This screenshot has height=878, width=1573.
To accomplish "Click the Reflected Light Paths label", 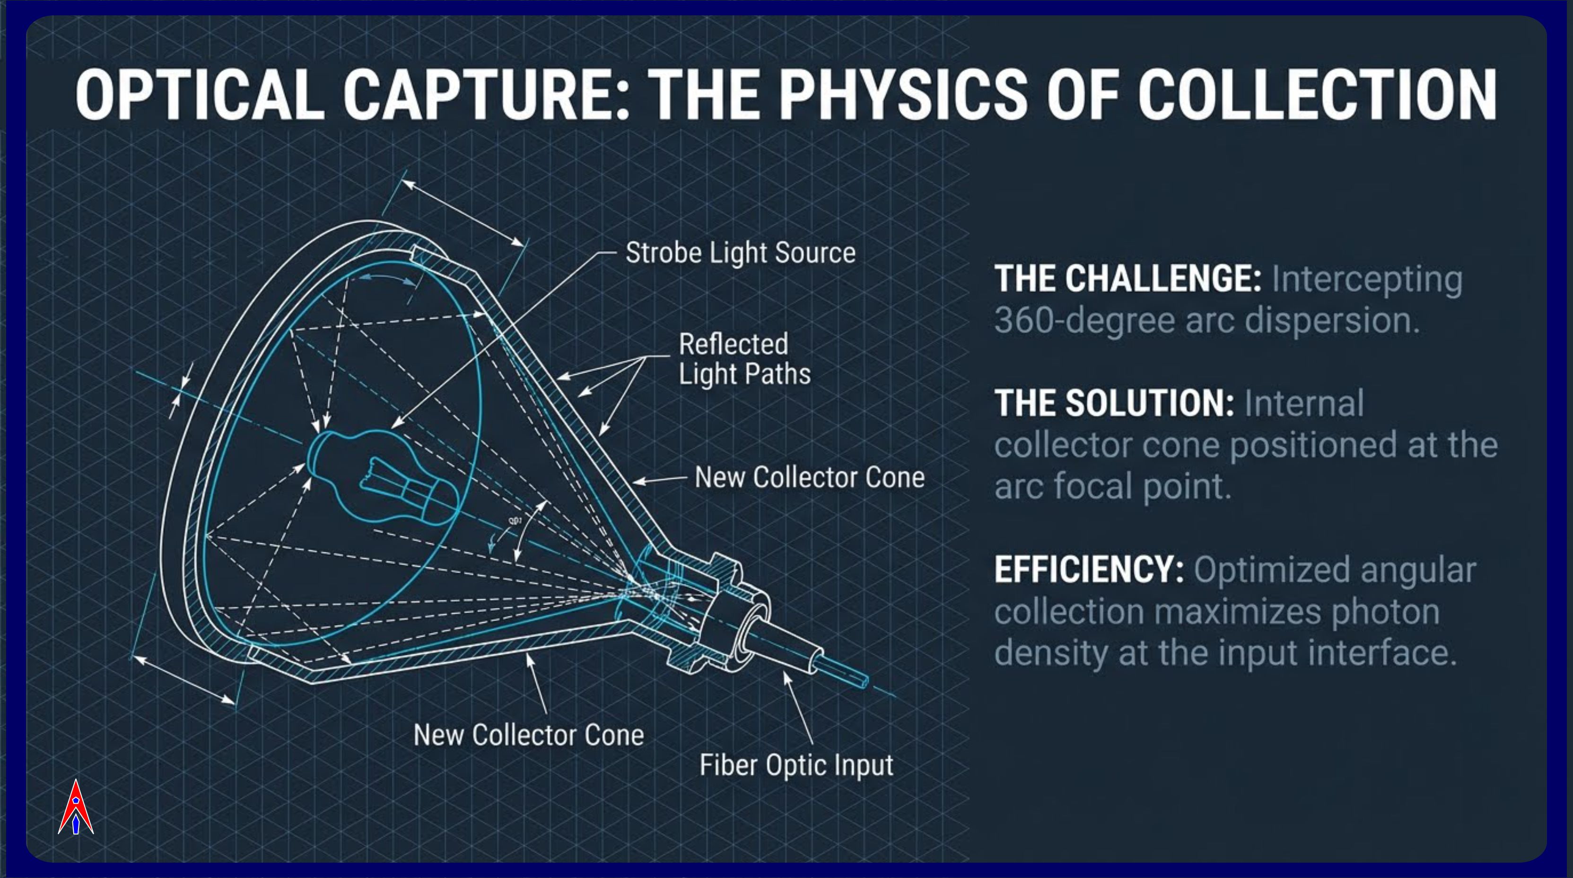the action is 744,359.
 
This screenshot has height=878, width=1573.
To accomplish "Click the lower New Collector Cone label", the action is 529,734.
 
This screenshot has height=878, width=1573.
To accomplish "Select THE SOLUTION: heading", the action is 1114,403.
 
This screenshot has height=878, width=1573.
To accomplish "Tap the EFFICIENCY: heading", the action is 1089,570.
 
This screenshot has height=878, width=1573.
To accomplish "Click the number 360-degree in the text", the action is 1084,320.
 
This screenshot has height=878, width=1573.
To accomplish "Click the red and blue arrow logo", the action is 76,807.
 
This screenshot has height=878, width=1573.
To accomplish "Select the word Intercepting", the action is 1367,281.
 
